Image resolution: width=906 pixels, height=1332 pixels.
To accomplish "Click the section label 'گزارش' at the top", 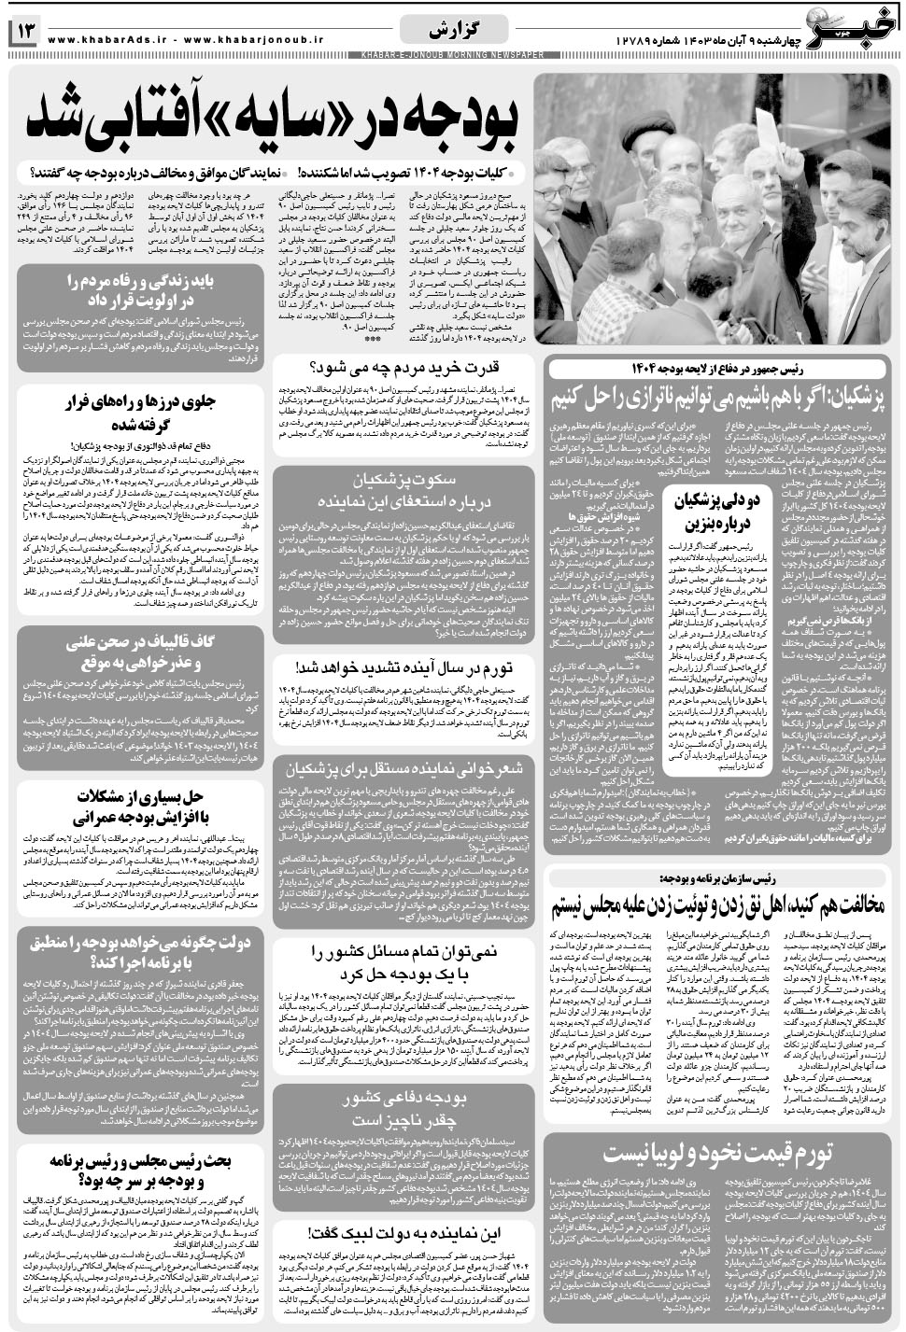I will tap(452, 30).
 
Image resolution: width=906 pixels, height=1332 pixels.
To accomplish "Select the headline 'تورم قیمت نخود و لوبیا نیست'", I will tap(716, 1154).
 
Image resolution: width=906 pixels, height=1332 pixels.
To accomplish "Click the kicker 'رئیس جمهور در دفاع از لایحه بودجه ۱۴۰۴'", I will tap(716, 368).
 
